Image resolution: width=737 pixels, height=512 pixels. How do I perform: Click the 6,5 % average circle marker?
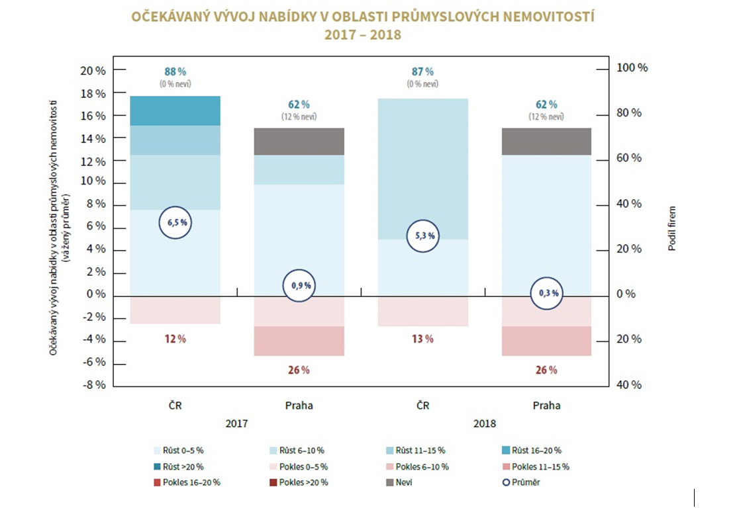click(175, 223)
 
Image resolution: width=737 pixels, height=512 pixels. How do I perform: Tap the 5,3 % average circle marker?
click(422, 236)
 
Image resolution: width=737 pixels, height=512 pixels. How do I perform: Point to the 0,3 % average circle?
click(547, 292)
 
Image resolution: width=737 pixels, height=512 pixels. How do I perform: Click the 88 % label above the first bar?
click(175, 71)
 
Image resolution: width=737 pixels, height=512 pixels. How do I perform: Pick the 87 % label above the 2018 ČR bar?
click(422, 71)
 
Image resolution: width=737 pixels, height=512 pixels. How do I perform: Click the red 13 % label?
click(422, 339)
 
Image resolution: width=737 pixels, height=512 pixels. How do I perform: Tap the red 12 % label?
click(175, 339)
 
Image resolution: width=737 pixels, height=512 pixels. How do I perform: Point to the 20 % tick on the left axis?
click(93, 70)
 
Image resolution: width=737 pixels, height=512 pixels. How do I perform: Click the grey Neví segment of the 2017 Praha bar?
click(299, 141)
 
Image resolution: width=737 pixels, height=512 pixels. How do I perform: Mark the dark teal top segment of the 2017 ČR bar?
click(175, 110)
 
